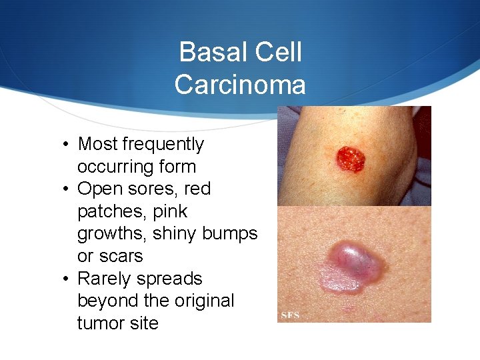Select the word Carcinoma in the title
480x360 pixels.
pos(240,85)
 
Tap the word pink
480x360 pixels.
pos(170,212)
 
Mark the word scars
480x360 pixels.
pos(122,256)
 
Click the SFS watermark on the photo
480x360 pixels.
pos(291,315)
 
